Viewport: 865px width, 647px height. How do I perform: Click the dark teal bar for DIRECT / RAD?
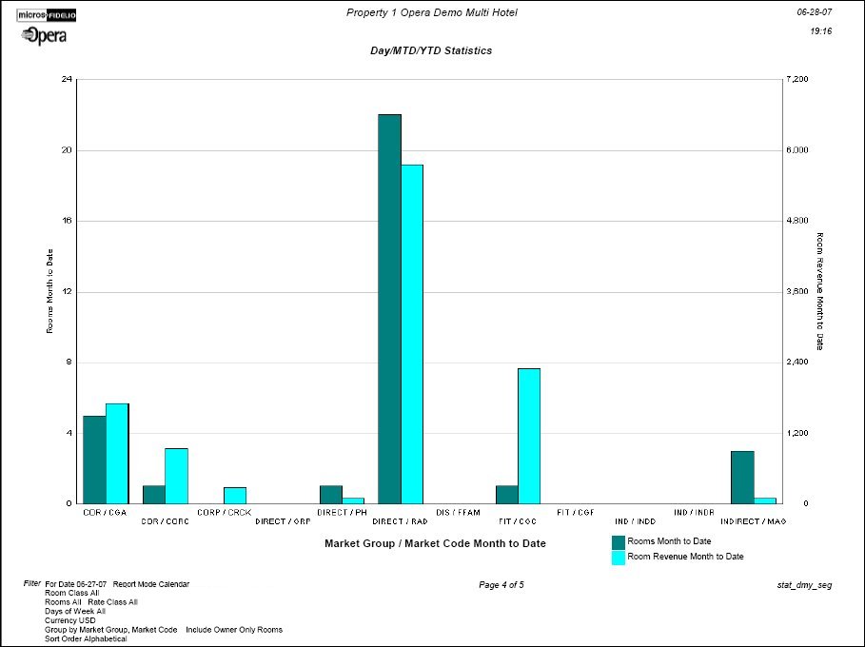click(389, 308)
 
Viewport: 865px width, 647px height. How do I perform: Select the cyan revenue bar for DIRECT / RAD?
click(411, 333)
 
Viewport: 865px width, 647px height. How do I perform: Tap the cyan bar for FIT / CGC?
click(529, 435)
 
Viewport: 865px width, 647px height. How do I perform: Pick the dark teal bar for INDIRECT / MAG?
click(742, 477)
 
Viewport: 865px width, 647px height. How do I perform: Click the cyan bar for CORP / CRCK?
click(235, 495)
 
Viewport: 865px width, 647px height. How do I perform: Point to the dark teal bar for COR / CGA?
click(94, 459)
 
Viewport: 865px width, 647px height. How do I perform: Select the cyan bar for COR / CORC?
click(176, 475)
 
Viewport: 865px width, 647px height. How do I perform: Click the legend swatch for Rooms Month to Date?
click(618, 541)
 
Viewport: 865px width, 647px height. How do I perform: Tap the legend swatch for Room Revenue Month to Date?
click(618, 557)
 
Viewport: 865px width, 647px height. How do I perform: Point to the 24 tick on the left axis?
click(67, 79)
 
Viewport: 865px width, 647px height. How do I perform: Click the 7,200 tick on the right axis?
click(796, 79)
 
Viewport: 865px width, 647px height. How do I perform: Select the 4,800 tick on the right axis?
click(796, 221)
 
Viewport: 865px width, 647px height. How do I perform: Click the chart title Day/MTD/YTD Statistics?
click(431, 50)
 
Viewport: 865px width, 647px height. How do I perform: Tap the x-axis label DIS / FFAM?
click(458, 512)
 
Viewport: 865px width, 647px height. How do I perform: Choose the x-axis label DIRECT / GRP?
click(283, 521)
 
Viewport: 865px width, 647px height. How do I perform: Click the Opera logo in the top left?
click(44, 35)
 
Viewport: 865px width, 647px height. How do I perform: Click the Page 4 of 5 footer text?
click(501, 585)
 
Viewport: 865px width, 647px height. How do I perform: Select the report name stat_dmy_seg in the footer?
click(804, 585)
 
